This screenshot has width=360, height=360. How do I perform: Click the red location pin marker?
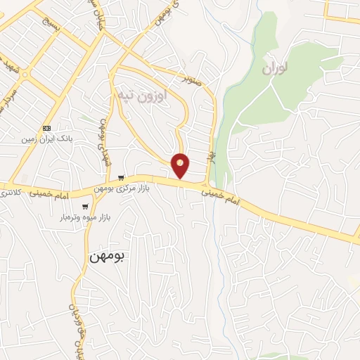[181, 164]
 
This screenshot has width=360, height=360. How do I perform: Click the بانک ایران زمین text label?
[46, 139]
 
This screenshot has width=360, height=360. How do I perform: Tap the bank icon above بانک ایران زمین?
[46, 128]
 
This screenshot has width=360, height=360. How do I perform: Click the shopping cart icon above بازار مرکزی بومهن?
[121, 177]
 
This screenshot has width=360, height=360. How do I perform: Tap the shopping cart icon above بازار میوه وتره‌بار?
[85, 207]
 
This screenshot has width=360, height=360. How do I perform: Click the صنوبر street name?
[193, 79]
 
